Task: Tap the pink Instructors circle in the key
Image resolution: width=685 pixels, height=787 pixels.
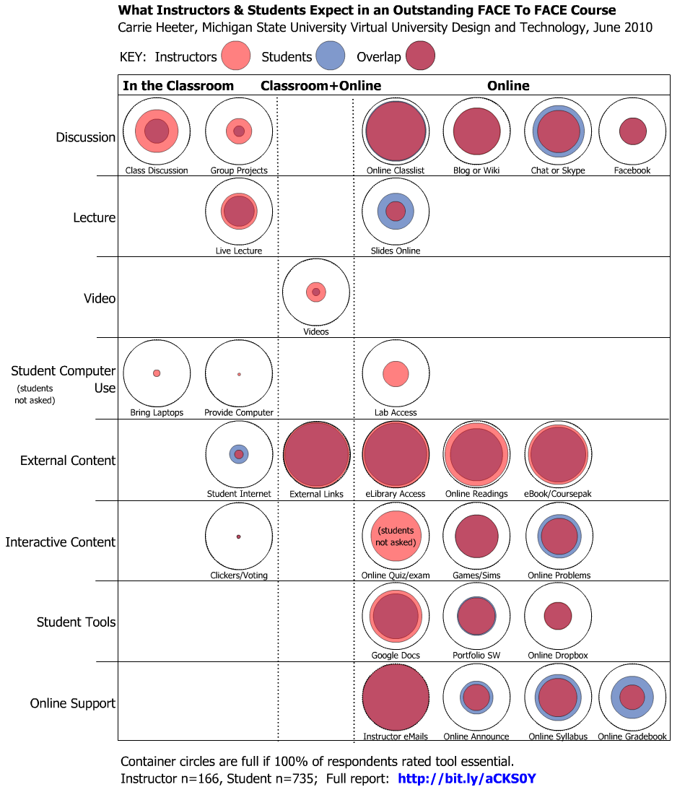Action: point(235,56)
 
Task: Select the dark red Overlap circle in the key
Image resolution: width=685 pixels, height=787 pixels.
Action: point(420,56)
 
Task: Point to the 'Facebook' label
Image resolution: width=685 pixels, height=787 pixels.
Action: point(632,171)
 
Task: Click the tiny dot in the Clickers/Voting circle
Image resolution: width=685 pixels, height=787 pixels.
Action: point(238,536)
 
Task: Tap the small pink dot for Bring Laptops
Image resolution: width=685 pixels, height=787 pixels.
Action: point(157,373)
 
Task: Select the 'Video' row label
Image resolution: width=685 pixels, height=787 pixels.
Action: point(100,298)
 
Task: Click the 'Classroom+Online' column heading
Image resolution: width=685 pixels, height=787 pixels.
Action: point(320,86)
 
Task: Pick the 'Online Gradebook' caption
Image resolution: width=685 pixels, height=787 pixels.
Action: point(632,737)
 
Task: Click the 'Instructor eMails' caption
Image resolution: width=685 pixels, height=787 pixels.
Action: point(396,737)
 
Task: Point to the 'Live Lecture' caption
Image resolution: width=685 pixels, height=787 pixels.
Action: point(239,251)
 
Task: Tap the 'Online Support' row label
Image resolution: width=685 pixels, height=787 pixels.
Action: point(73,703)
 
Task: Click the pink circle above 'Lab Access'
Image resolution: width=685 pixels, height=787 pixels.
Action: point(396,374)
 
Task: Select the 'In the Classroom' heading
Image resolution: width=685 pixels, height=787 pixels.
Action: point(178,86)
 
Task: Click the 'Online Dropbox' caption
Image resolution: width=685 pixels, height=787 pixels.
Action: point(558,656)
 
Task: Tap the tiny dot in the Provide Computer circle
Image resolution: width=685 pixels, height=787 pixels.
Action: point(239,374)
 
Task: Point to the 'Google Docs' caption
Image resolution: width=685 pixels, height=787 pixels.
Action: point(396,656)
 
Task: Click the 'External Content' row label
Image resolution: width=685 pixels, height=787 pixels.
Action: point(68,461)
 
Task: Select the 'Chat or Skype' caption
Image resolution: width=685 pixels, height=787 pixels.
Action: point(558,171)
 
